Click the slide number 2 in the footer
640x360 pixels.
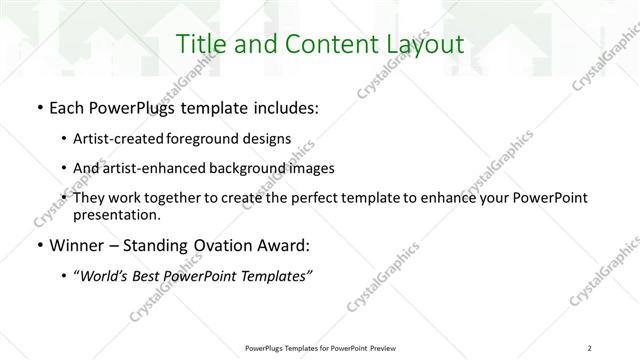point(590,348)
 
